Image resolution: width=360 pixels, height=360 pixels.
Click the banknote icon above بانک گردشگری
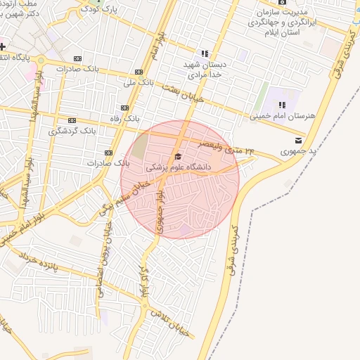click(72, 120)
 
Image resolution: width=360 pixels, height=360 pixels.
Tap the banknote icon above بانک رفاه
click(124, 108)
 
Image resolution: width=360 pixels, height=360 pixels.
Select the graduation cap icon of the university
click(178, 156)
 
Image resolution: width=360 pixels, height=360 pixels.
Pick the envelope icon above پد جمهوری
click(299, 140)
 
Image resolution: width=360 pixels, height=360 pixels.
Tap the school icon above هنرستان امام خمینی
click(282, 104)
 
